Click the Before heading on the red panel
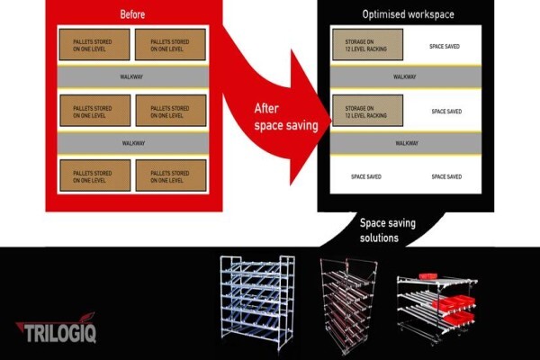[132, 14]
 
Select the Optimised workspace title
[408, 14]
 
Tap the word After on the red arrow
[266, 109]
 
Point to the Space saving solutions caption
[387, 230]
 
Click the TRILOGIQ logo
[57, 328]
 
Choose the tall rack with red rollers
[348, 306]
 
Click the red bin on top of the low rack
[428, 275]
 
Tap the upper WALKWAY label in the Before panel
[131, 76]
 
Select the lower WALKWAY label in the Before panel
[133, 143]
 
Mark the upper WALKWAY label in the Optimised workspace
[404, 76]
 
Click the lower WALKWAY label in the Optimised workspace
[407, 143]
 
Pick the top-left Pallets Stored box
[94, 44]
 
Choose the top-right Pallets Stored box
[170, 44]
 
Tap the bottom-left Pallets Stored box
[95, 175]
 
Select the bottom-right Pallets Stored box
[171, 175]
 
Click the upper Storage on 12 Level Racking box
[367, 44]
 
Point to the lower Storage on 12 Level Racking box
[367, 111]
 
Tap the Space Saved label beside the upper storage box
[445, 47]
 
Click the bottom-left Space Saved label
[366, 176]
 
